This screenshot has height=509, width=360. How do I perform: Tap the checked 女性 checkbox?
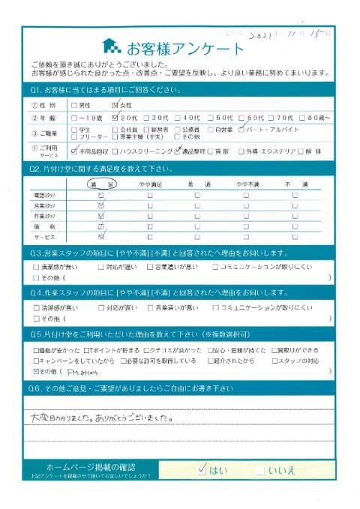tap(114, 106)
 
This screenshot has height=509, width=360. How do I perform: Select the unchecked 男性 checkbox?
tap(73, 106)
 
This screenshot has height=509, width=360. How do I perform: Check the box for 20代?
tap(114, 118)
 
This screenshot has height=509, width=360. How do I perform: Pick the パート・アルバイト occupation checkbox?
tap(241, 129)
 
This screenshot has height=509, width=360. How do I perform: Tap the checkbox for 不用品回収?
tap(73, 149)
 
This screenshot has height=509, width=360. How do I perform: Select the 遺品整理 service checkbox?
tap(178, 149)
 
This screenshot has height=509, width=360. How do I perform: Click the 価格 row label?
tap(47, 224)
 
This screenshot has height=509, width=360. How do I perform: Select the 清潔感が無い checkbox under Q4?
tap(37, 307)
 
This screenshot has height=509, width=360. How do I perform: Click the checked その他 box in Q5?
tap(37, 370)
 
